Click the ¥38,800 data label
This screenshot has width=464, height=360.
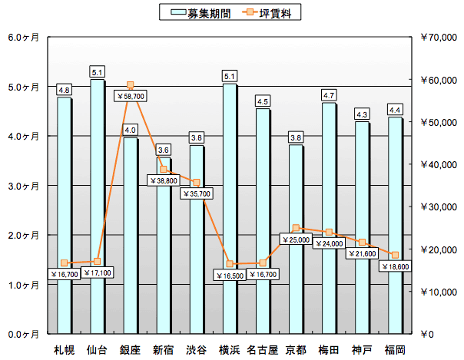point(164,180)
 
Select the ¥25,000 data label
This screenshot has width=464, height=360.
point(296,239)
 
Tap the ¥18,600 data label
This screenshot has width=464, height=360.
point(395,266)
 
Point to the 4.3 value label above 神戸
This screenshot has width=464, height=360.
point(362,114)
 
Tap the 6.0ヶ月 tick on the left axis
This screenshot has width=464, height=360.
point(23,37)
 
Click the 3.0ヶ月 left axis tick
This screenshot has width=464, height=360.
point(23,186)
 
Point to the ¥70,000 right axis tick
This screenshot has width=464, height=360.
point(439,37)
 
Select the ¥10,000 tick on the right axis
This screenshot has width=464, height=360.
point(439,292)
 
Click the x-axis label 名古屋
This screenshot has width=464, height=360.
point(263,350)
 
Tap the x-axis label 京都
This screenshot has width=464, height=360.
point(296,350)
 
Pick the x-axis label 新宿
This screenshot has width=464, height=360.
point(164,350)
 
